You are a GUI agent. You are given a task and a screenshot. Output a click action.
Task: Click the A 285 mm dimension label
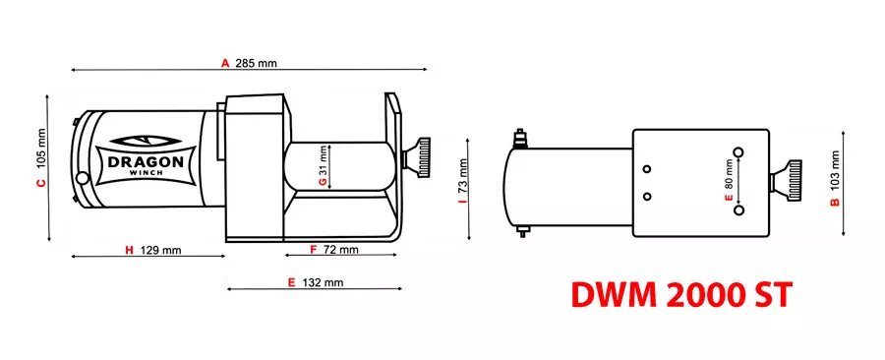pos(249,63)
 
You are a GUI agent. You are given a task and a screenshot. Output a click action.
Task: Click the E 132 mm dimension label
pos(315,282)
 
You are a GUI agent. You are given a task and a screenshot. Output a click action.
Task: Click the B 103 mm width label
pos(834,179)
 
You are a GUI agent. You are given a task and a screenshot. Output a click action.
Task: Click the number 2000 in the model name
pos(681,295)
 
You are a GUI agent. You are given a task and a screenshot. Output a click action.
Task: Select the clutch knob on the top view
pos(789,180)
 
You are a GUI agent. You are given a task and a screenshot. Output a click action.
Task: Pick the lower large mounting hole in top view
pos(739,209)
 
